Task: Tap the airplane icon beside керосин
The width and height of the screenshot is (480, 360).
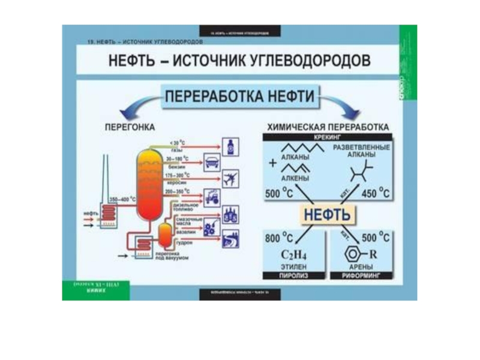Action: pos(230,178)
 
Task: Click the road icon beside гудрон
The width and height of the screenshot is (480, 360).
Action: pos(230,239)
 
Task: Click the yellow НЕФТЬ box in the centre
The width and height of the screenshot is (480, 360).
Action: pos(327,214)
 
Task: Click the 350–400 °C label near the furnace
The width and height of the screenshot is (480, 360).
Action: pos(122,199)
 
